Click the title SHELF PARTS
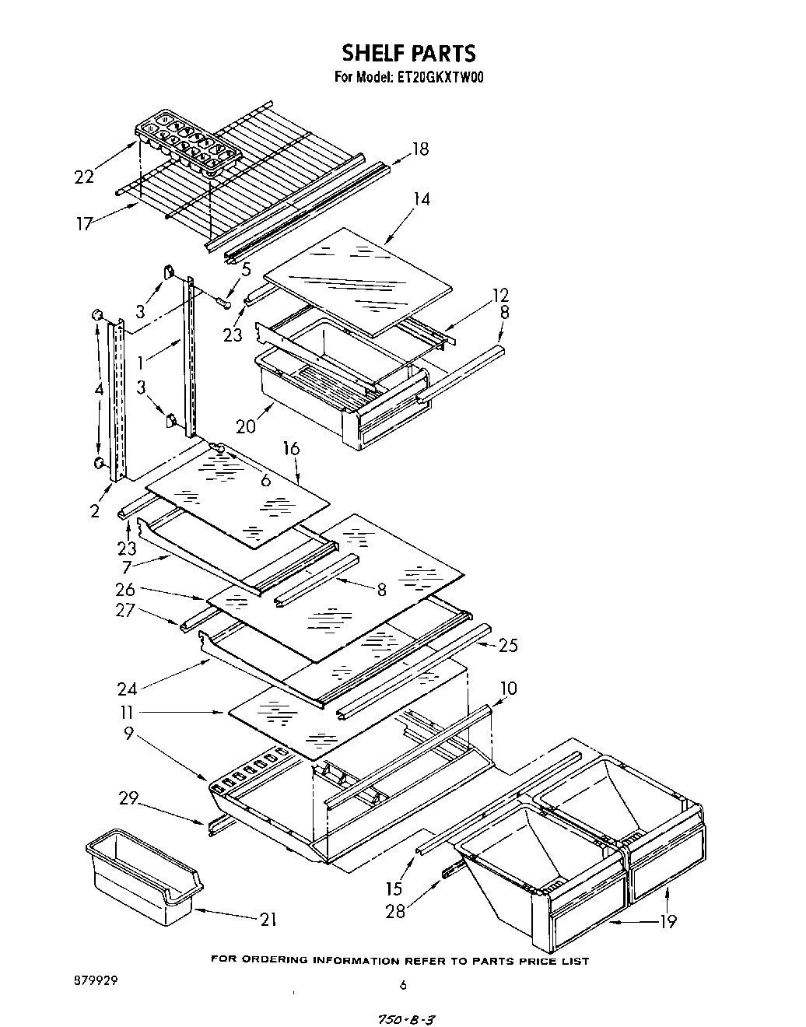click(x=408, y=53)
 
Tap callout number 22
click(x=84, y=177)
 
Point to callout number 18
click(x=420, y=149)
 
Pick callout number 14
click(x=421, y=199)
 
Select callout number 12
click(x=500, y=296)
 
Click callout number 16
click(x=291, y=449)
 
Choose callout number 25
click(x=508, y=645)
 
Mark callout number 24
click(x=128, y=689)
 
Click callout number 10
click(x=508, y=689)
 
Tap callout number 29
click(x=129, y=798)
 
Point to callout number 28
click(x=396, y=910)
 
